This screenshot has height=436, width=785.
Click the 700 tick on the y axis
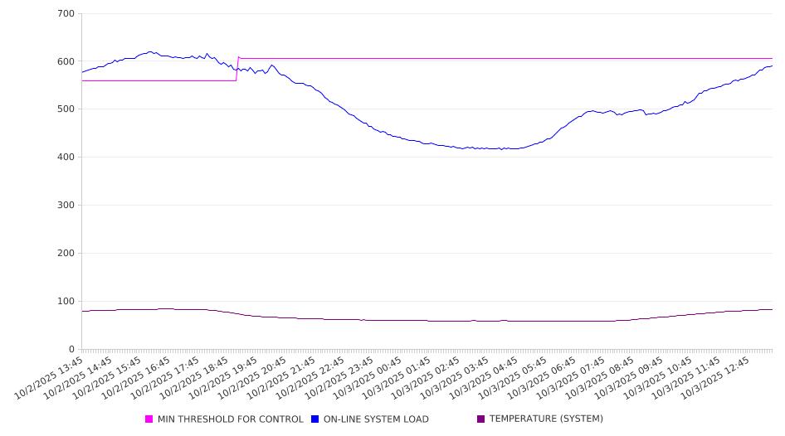point(66,14)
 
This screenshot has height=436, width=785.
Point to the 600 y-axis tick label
point(66,61)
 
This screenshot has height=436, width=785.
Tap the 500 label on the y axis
point(66,109)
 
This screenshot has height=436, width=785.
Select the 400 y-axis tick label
point(66,157)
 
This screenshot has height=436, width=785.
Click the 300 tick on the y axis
point(66,206)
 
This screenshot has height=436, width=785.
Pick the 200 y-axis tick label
point(66,254)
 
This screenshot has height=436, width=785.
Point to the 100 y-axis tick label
point(66,302)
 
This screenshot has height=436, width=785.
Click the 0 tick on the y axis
point(72,349)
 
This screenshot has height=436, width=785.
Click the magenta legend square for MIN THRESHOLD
point(149,419)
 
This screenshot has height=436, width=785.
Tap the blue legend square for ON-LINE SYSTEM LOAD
point(315,419)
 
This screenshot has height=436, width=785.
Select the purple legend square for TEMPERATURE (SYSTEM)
point(480,419)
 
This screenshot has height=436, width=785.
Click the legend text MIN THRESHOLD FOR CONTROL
point(230,419)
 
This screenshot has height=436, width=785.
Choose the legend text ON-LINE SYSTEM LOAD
point(376,419)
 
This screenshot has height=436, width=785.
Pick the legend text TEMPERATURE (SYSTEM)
point(546,419)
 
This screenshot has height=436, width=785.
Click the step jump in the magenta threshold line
point(237,69)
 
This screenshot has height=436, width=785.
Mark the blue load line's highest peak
point(149,51)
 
